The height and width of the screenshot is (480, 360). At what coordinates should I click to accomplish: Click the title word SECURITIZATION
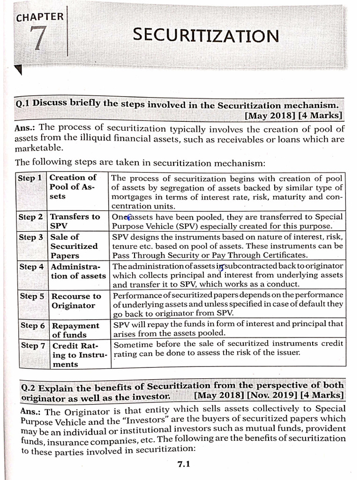coord(205,35)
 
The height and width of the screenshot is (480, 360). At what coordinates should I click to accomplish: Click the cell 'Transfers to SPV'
coord(75,221)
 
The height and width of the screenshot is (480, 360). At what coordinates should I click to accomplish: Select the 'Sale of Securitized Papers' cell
coord(74,246)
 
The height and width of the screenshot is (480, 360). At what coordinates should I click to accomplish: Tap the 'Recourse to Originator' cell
coord(75,301)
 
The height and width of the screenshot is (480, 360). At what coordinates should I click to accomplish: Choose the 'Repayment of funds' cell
coord(75,330)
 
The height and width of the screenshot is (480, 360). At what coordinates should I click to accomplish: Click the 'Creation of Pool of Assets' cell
coord(73,187)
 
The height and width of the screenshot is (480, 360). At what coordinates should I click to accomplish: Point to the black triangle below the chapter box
coord(19,70)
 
